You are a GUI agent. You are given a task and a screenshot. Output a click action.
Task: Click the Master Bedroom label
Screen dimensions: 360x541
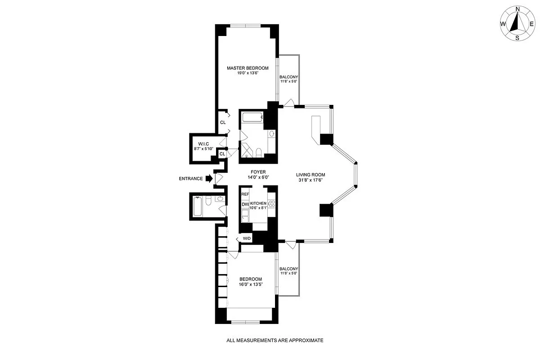[247, 68]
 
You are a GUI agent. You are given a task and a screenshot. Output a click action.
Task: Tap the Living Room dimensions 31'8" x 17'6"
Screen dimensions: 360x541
[310, 180]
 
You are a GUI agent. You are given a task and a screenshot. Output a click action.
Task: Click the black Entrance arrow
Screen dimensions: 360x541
[209, 179]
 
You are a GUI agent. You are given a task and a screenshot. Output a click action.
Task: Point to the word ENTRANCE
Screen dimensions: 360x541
[191, 179]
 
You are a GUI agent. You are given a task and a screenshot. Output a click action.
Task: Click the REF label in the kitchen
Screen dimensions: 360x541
[245, 194]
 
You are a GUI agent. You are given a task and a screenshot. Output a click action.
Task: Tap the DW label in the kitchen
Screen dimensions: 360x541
[245, 205]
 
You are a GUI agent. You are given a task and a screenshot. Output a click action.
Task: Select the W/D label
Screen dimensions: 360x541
[247, 238]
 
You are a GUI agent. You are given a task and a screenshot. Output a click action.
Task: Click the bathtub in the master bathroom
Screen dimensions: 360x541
[252, 118]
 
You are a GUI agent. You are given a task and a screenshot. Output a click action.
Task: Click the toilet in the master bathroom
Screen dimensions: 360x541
[259, 152]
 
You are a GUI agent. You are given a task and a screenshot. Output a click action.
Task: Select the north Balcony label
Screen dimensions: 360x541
[289, 77]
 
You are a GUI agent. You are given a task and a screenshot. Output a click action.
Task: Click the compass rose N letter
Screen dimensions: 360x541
[518, 9]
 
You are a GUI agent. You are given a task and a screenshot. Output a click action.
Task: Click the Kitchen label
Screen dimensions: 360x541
[259, 203]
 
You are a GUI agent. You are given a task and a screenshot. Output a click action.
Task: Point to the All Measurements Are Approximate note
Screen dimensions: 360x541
[275, 341]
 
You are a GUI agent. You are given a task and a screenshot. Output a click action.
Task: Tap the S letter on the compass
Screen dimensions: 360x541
[518, 38]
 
